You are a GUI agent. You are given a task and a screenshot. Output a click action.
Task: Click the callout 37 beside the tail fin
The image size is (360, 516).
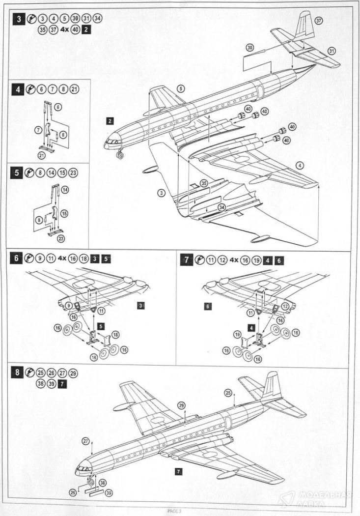pos(319,21)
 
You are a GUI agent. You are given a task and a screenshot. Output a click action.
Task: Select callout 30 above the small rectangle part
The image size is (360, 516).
pos(250,48)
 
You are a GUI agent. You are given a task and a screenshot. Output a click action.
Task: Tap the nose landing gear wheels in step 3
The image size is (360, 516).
pos(119,156)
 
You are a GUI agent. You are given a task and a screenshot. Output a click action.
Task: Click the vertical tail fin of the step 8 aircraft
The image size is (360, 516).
pos(272,385)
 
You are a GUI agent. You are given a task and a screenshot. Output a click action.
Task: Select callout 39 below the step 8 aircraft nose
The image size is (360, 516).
pos(108,492)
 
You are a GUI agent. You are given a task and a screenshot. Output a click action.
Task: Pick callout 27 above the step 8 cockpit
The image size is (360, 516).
pos(86,442)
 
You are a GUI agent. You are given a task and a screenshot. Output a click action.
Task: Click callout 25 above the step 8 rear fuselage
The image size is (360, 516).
pos(227,393)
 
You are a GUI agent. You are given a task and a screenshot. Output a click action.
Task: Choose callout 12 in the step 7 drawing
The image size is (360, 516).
pos(285,306)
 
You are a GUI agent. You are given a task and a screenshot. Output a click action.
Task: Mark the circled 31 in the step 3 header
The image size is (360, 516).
pos(88,19)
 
